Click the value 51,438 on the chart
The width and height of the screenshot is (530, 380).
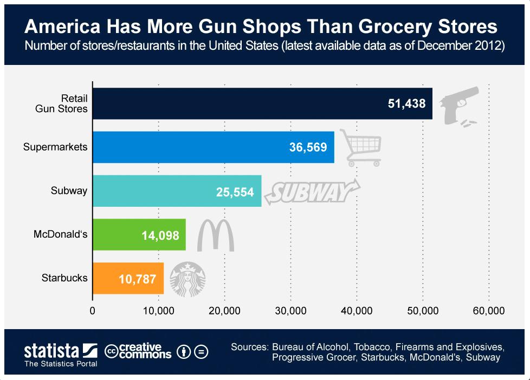407,103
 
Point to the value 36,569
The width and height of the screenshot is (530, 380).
308,147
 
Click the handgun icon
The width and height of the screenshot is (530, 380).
458,106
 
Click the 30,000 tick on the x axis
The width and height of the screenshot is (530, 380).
290,311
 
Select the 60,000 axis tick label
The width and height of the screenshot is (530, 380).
489,311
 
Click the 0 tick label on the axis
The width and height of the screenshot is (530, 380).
93,311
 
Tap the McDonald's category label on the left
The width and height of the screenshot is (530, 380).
60,234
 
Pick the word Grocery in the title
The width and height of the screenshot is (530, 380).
393,27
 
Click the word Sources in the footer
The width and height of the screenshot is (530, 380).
249,346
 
